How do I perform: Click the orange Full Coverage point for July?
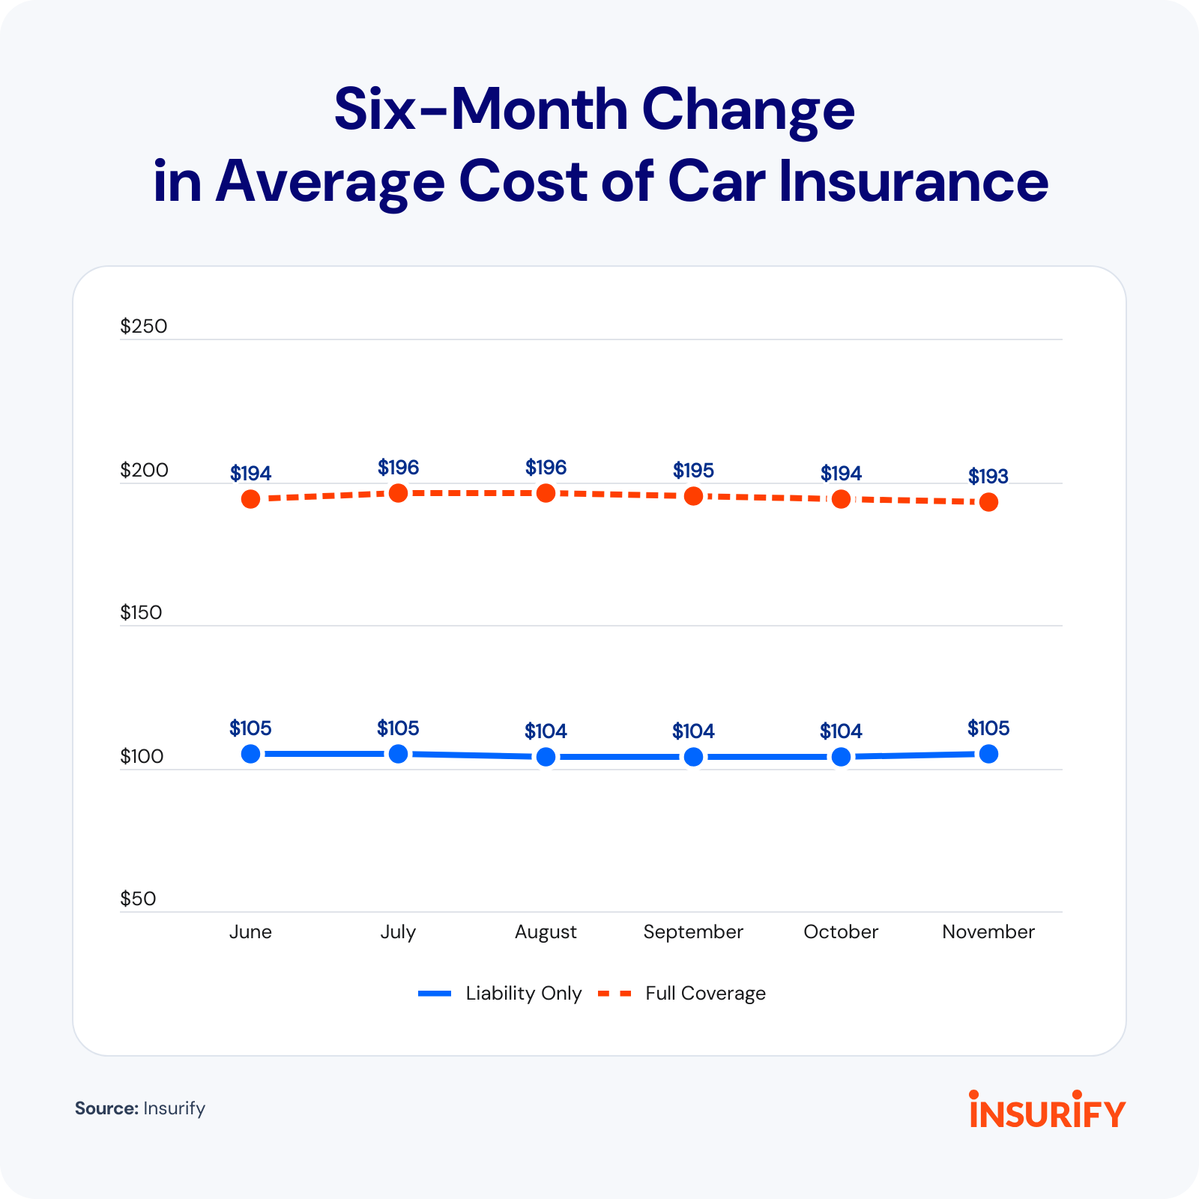pos(398,493)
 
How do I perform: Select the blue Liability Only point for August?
pos(546,757)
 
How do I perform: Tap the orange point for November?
pos(988,502)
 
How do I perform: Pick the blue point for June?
pos(250,754)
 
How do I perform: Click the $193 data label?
pos(988,476)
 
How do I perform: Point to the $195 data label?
pos(693,471)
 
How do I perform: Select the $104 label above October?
pos(841,731)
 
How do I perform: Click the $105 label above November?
pos(988,728)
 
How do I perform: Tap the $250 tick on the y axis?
pos(144,326)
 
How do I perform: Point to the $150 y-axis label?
pos(141,612)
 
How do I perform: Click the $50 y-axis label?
pos(138,899)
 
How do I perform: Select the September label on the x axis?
pos(693,932)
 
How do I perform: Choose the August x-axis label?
pos(546,932)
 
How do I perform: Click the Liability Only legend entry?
pos(500,993)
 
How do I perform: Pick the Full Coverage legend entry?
pos(682,993)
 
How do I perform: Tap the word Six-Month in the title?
pos(481,109)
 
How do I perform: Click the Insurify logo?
pos(1047,1108)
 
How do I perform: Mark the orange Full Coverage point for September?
pos(693,496)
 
